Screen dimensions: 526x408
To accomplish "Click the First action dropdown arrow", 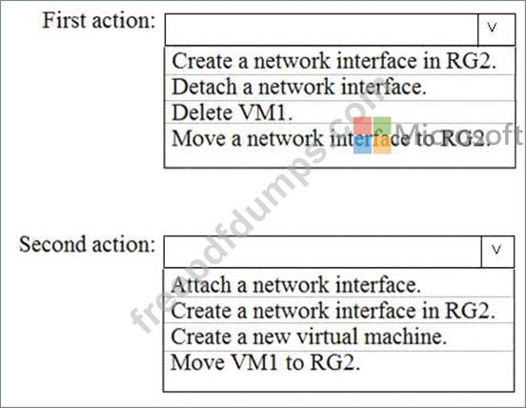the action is pyautogui.click(x=496, y=30).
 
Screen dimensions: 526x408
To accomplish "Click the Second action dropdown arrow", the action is pyautogui.click(x=497, y=252).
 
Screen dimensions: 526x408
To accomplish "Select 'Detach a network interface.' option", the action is pyautogui.click(x=299, y=88).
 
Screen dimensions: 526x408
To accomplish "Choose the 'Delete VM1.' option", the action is pyautogui.click(x=233, y=112).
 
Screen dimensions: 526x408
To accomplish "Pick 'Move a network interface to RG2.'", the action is pyautogui.click(x=331, y=138).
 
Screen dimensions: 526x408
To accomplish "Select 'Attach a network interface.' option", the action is pyautogui.click(x=295, y=285).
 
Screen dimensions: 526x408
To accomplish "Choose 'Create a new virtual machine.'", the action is pyautogui.click(x=309, y=337).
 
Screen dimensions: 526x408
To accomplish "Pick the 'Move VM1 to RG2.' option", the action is pyautogui.click(x=265, y=362).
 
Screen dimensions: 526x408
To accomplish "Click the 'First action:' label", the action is pyautogui.click(x=99, y=20).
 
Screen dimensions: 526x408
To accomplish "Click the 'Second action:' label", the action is pyautogui.click(x=88, y=244).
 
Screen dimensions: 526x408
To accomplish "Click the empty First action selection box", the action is pyautogui.click(x=321, y=30).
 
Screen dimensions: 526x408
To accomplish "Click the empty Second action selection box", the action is pyautogui.click(x=323, y=252).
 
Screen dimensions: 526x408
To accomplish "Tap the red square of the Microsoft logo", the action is pyautogui.click(x=363, y=126).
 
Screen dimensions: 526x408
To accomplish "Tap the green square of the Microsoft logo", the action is pyautogui.click(x=382, y=126).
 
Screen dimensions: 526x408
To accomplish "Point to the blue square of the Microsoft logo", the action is pyautogui.click(x=363, y=145).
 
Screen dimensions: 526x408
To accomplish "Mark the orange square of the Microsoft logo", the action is pyautogui.click(x=382, y=145).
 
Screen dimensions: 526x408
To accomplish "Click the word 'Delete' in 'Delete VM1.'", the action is pyautogui.click(x=202, y=112).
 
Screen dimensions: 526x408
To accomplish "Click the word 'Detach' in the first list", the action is pyautogui.click(x=204, y=88).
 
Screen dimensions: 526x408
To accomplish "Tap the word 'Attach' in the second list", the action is pyautogui.click(x=201, y=285).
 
